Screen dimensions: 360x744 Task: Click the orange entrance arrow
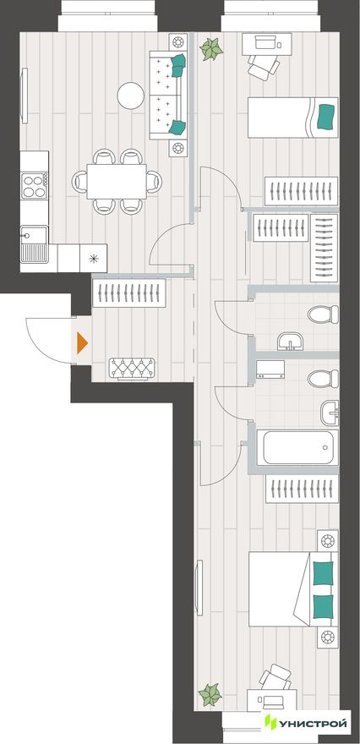(82, 343)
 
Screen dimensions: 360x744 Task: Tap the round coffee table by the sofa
(130, 96)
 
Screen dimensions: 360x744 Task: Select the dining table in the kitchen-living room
(117, 181)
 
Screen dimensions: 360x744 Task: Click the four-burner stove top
(34, 185)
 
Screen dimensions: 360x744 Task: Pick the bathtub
(297, 447)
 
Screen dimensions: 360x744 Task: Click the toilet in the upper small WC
(323, 315)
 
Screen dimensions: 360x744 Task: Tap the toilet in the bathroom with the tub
(323, 379)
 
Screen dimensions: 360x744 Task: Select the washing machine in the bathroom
(270, 369)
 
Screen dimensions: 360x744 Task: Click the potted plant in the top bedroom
(211, 49)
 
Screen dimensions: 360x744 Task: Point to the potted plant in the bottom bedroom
(210, 695)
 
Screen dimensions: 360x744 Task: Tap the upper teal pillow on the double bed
(323, 573)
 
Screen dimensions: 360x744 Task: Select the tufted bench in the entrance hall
(132, 369)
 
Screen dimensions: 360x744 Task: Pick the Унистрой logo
(306, 723)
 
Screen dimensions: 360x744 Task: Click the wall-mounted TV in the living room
(25, 96)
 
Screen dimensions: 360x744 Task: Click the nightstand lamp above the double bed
(328, 540)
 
